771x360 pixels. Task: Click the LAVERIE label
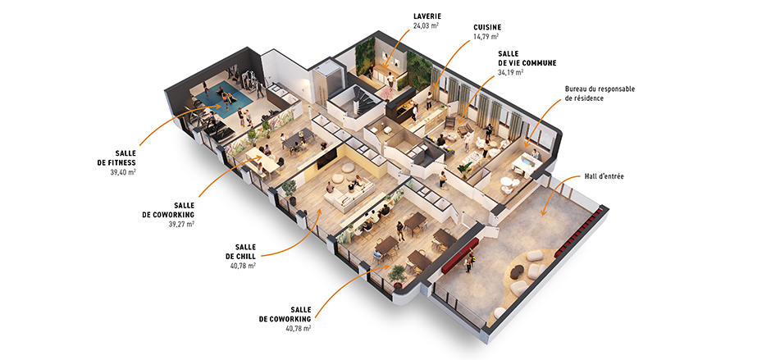click(x=426, y=16)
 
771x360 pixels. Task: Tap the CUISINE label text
click(x=487, y=28)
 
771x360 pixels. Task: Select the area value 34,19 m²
click(x=510, y=72)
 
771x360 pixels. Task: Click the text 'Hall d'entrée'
click(x=604, y=176)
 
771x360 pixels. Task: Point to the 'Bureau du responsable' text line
click(x=600, y=89)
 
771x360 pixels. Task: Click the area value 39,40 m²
click(x=123, y=172)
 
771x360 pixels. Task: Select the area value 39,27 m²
click(x=181, y=224)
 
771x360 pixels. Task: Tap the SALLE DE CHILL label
click(x=245, y=251)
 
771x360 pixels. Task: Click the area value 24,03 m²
click(x=426, y=25)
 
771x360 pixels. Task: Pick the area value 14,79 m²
click(x=486, y=37)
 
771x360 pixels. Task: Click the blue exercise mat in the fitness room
click(x=225, y=100)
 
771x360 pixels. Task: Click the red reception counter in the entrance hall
click(x=460, y=253)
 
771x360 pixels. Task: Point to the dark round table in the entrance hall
click(x=518, y=271)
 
